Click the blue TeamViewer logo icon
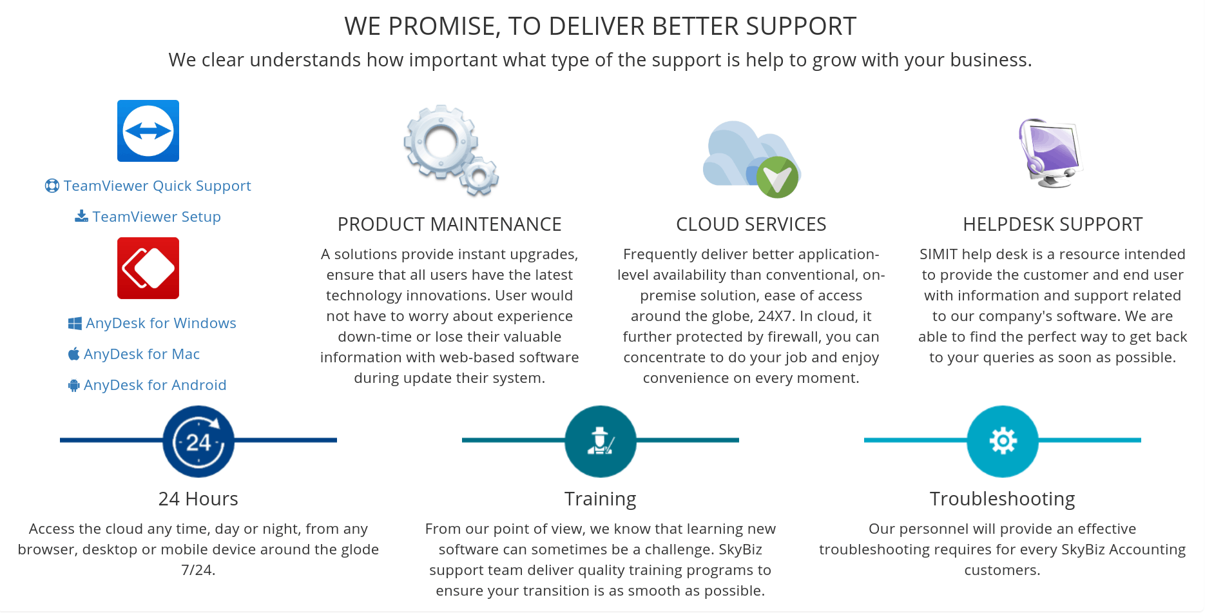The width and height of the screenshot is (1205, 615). tap(148, 131)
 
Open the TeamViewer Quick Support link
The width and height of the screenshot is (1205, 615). tap(148, 186)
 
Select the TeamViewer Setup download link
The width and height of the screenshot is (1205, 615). tap(148, 217)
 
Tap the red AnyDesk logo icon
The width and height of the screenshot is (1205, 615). tap(148, 268)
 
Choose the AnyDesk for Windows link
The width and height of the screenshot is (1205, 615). tap(153, 323)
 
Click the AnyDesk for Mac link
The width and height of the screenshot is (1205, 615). tap(134, 354)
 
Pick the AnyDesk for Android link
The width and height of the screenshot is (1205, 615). tap(148, 385)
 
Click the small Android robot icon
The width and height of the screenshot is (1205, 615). tap(74, 386)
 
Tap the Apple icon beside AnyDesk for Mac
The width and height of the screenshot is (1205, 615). tap(74, 354)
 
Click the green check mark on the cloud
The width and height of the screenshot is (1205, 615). tap(777, 177)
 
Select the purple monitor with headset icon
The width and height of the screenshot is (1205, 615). tap(1051, 153)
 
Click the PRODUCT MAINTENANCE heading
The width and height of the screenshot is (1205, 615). tap(450, 224)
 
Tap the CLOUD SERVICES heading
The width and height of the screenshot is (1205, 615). tap(751, 224)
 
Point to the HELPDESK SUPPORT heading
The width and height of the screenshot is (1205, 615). tap(1053, 224)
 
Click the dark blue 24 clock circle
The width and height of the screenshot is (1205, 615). tap(198, 442)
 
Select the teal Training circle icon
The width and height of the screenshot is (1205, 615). tap(601, 442)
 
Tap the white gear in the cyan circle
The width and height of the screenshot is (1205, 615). tap(1003, 442)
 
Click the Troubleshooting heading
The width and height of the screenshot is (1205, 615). tap(1003, 499)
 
